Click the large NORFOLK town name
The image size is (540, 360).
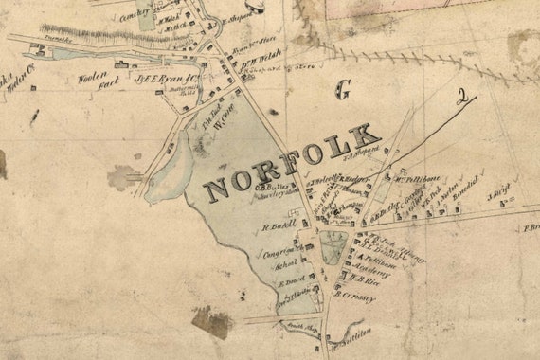(292, 160)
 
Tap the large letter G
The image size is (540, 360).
(342, 90)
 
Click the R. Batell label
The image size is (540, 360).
(279, 226)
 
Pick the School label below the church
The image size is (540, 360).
(285, 266)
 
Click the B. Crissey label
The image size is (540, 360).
(356, 297)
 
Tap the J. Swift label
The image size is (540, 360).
(499, 196)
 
